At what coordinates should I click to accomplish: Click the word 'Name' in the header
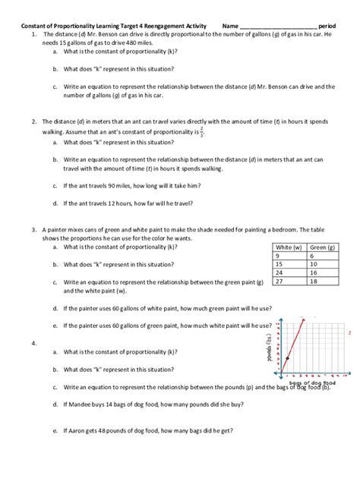(x=230, y=26)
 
